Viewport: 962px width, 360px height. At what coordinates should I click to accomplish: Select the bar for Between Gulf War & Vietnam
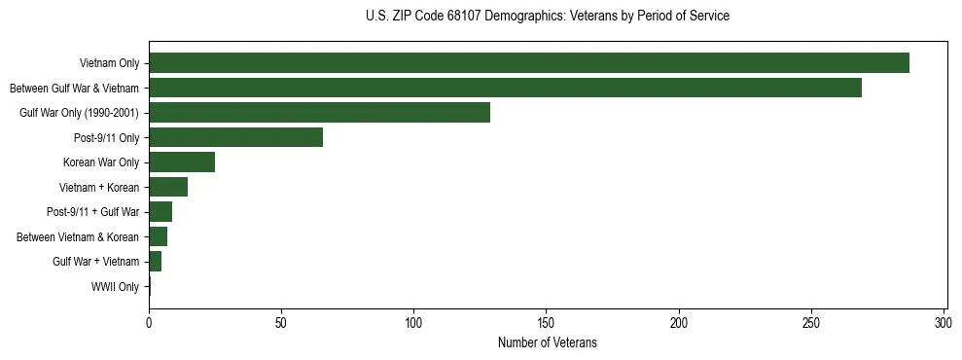505,88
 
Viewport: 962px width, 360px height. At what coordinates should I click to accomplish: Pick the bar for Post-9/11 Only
235,137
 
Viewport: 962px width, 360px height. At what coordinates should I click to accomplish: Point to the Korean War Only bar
182,162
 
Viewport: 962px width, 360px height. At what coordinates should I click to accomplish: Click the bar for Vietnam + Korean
168,187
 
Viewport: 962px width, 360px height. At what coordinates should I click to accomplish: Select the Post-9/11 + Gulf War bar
160,212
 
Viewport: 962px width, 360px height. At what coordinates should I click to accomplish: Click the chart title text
548,17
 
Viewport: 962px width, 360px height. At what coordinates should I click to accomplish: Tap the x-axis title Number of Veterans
548,343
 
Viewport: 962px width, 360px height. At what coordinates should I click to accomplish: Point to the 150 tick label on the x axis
547,322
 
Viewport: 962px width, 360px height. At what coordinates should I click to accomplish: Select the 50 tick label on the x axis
281,322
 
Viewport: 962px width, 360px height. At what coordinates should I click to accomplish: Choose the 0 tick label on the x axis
149,322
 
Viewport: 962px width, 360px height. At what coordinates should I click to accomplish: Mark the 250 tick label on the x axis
811,322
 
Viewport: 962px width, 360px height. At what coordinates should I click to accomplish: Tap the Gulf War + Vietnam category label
95,262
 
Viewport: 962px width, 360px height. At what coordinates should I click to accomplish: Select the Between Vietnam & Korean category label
78,236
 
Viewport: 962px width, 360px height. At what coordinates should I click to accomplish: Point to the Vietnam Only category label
109,63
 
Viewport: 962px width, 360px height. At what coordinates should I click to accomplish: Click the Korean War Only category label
101,162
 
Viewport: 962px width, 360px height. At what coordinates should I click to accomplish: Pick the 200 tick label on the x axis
679,322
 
